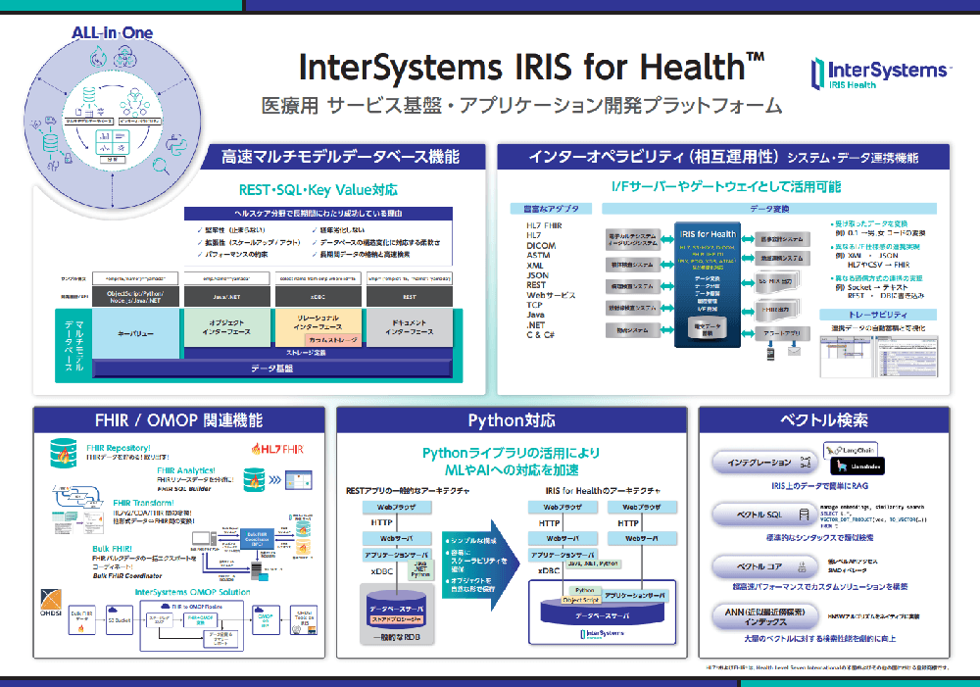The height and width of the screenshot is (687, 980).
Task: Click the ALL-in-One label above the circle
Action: [112, 33]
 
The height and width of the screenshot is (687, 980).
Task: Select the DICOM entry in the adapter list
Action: [542, 245]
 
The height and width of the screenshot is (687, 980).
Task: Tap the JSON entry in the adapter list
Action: [538, 275]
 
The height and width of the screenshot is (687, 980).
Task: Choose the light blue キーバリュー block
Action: [136, 332]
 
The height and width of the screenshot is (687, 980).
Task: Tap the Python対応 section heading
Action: [511, 420]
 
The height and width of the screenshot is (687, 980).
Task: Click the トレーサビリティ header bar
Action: [876, 314]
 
